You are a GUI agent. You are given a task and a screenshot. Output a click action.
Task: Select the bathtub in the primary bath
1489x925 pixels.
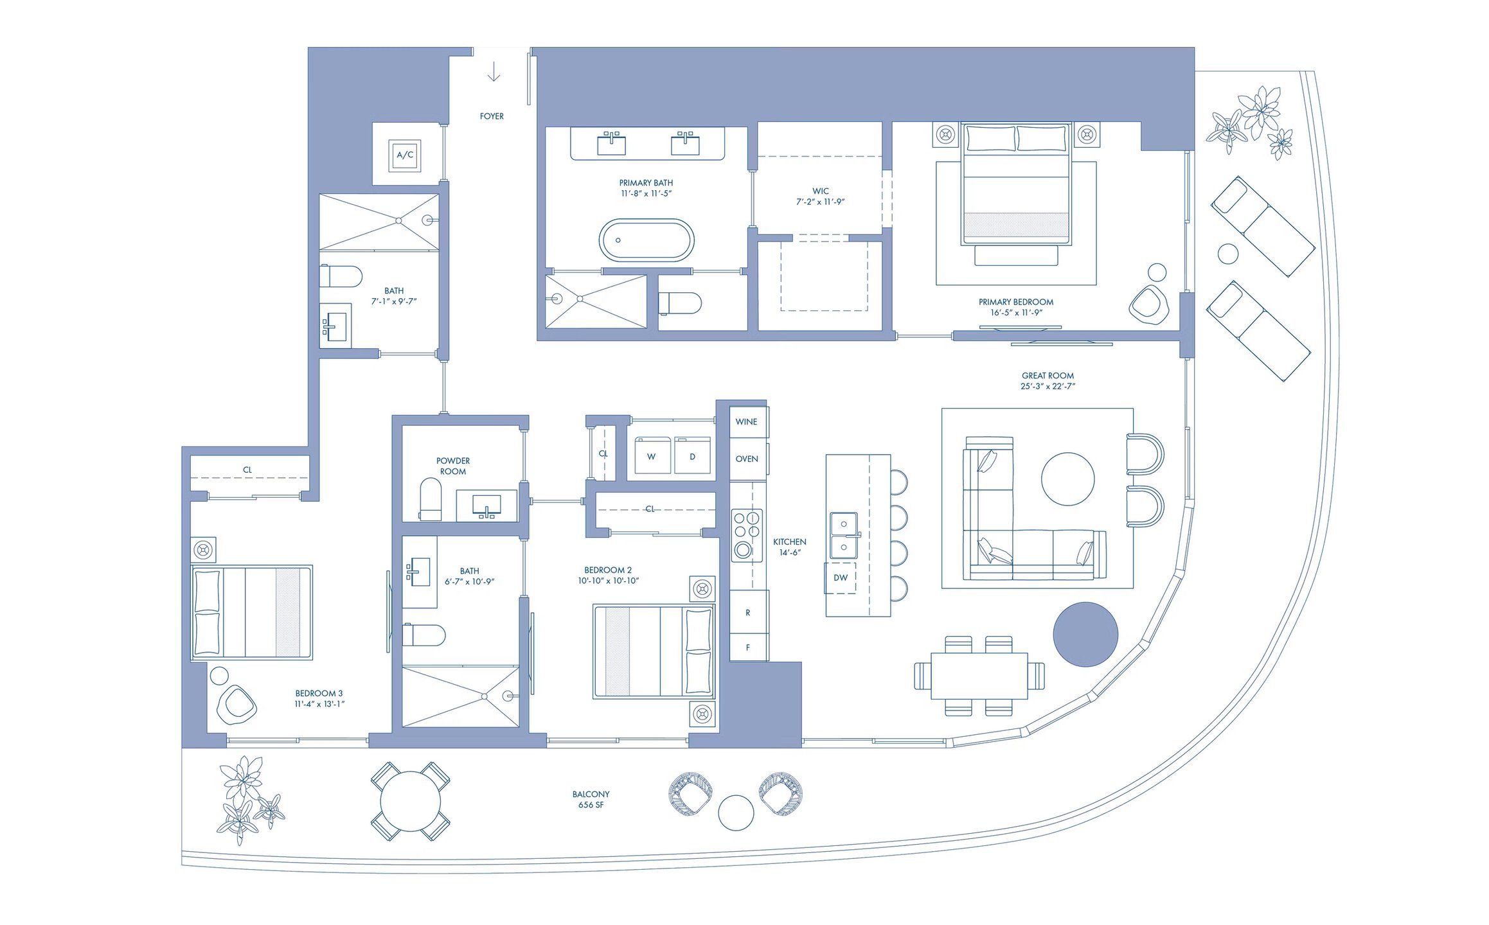[646, 240]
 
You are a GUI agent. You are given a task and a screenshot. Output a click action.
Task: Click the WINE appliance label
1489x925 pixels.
[747, 422]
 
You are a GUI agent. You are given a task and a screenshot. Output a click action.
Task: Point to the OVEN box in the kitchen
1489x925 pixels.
[747, 459]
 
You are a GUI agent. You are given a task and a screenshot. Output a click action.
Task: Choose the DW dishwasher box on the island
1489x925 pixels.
[841, 577]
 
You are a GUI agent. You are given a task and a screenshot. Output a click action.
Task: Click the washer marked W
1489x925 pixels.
[652, 456]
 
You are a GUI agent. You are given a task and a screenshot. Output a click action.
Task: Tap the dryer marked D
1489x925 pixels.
[692, 456]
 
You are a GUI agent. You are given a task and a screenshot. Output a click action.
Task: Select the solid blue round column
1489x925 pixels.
[1085, 634]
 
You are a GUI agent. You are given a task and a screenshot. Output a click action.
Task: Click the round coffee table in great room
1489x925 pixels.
[1067, 479]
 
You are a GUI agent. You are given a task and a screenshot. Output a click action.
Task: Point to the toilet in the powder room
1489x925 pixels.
[431, 500]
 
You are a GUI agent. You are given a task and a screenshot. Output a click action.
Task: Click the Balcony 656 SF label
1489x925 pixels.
[591, 799]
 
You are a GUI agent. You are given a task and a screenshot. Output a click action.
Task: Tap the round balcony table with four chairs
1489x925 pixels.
[410, 801]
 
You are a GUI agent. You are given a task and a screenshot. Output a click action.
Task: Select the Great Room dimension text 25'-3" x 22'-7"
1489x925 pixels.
[1048, 387]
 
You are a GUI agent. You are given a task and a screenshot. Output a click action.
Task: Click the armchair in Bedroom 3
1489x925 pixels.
[236, 705]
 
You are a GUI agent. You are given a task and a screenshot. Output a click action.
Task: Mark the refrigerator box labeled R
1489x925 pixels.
[748, 612]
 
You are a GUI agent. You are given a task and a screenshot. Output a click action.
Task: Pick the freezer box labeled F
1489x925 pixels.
[748, 647]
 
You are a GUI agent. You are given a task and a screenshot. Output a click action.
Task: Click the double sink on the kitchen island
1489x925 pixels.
[844, 535]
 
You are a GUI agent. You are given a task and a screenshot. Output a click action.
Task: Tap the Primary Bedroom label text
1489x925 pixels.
[1016, 302]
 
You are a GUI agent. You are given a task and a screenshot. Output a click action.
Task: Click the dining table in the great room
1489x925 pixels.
[979, 676]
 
